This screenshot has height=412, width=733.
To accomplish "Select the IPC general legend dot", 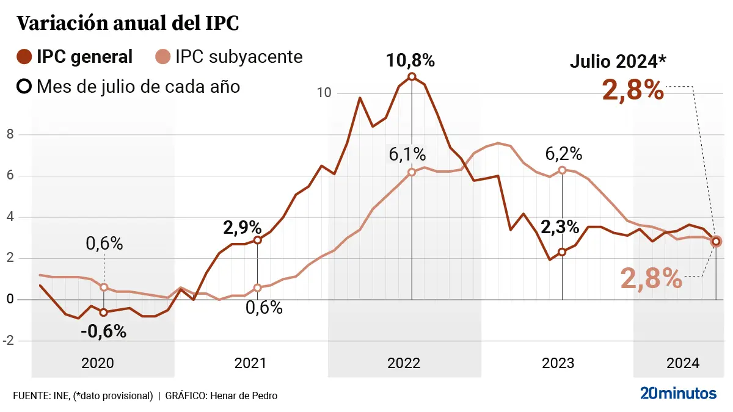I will (x=24, y=57).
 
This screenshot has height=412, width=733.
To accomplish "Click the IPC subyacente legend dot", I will (x=162, y=57).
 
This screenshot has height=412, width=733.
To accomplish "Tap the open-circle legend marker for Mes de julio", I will (x=24, y=86).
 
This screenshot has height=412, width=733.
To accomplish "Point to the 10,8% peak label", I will (x=410, y=60).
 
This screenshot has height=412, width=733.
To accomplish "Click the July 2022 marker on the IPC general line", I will (x=412, y=77).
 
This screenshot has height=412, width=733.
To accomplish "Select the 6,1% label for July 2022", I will (x=407, y=154).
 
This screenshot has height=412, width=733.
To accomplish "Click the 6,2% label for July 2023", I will (x=564, y=153).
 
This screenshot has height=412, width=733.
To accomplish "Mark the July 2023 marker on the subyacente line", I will (x=562, y=170).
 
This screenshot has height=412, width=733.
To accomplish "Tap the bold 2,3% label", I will (x=560, y=227).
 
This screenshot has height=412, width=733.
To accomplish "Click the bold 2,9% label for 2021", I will (x=243, y=228).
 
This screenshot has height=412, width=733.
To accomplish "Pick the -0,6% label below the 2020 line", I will (x=103, y=331).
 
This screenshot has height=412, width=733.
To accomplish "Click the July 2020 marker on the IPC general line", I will (x=104, y=313).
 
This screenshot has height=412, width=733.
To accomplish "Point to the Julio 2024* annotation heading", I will (x=618, y=62).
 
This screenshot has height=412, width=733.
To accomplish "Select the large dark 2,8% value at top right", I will (x=633, y=90).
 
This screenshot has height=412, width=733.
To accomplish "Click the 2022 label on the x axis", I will (x=404, y=363).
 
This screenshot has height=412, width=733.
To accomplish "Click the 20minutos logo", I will (x=678, y=394).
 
